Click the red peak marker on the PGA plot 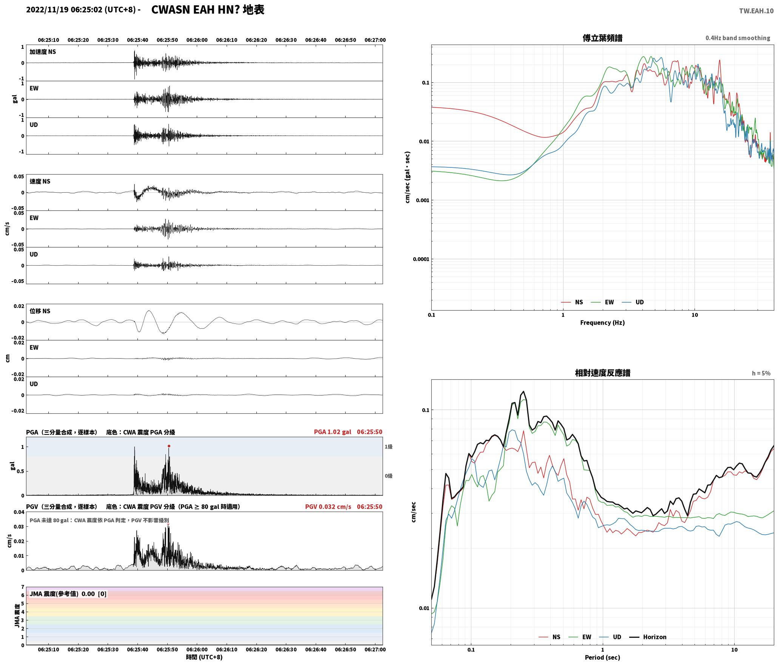[x=169, y=446]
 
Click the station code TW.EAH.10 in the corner [x=756, y=11]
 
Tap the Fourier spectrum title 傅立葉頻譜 [x=602, y=38]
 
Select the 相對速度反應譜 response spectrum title [x=602, y=373]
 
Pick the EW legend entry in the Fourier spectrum [x=603, y=302]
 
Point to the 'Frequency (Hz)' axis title [x=602, y=322]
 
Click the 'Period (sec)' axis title [x=602, y=657]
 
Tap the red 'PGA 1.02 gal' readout [x=332, y=432]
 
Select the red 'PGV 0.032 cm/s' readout [x=328, y=506]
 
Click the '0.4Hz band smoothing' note [x=738, y=38]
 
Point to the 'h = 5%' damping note [x=761, y=373]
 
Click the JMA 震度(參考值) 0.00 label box [x=68, y=594]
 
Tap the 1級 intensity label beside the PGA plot [x=389, y=447]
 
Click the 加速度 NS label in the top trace [x=43, y=52]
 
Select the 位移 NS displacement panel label [x=40, y=311]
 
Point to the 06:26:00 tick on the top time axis [x=197, y=40]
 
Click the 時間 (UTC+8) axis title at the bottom [x=204, y=657]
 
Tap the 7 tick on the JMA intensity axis [x=23, y=587]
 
